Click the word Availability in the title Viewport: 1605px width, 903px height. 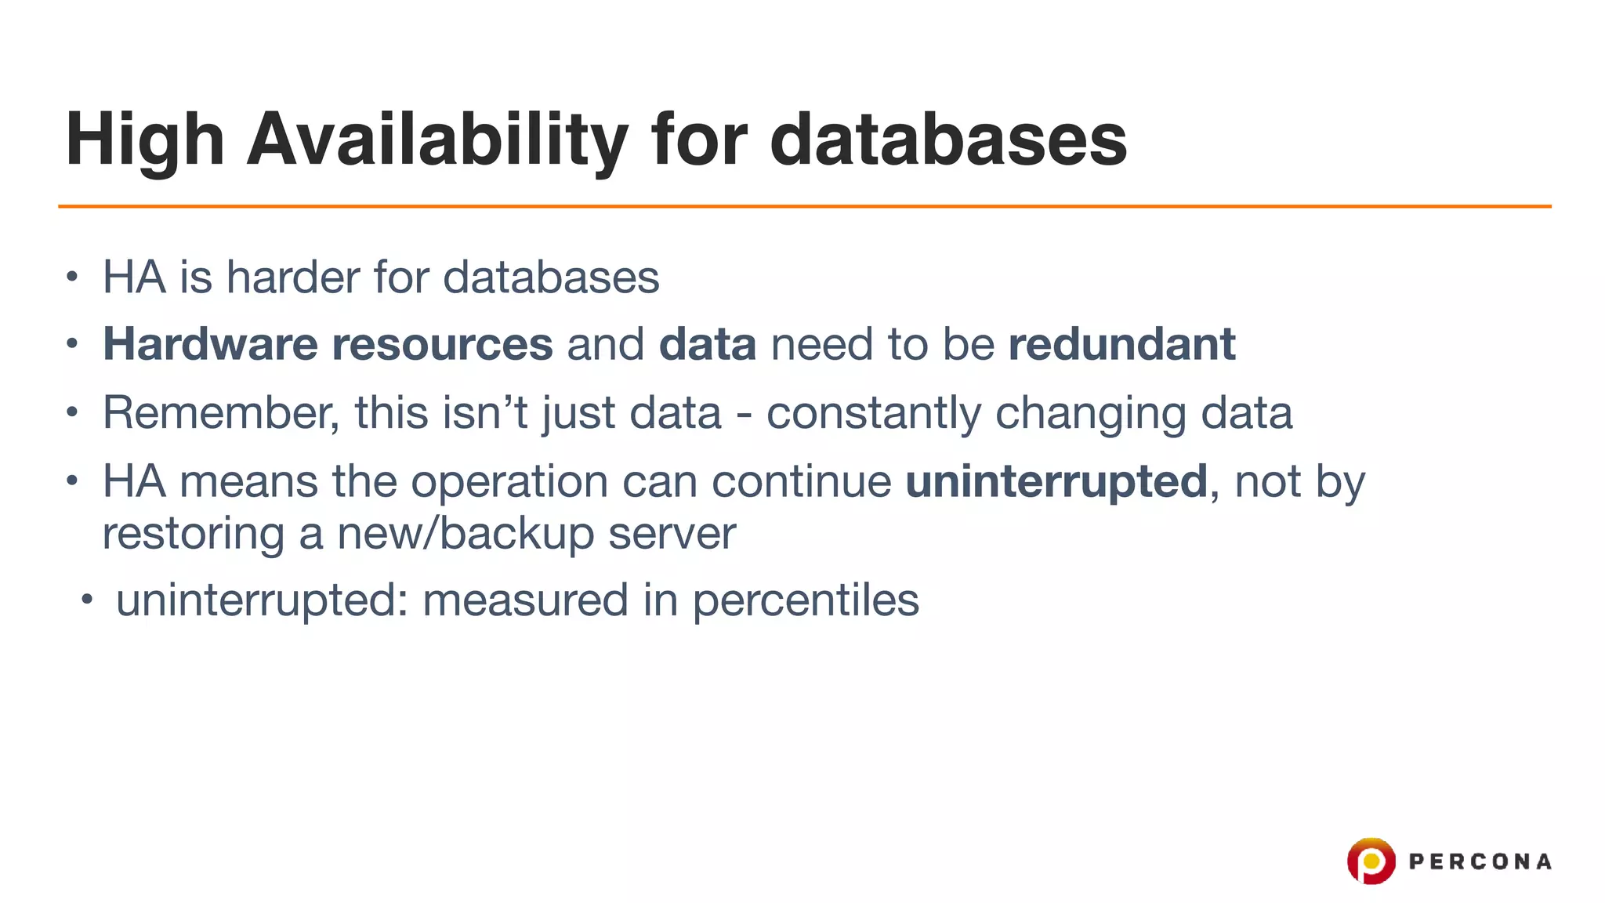click(x=437, y=140)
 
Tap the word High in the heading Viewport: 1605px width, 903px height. click(x=145, y=140)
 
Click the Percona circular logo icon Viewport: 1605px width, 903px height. click(x=1371, y=861)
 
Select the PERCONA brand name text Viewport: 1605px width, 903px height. click(x=1480, y=862)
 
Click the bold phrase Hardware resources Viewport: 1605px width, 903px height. click(x=328, y=344)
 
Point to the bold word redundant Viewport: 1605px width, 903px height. click(x=1121, y=344)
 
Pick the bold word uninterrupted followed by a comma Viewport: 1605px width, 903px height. click(x=1056, y=481)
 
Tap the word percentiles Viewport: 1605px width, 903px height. click(x=805, y=601)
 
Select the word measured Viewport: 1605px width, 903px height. click(x=525, y=600)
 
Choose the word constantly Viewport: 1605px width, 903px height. click(x=873, y=413)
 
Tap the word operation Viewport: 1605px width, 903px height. click(x=509, y=482)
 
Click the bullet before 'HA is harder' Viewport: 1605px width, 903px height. click(x=72, y=277)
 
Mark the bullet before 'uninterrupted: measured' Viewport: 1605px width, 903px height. click(x=87, y=601)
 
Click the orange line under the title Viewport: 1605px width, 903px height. click(x=804, y=206)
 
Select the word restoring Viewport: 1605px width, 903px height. click(x=194, y=534)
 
